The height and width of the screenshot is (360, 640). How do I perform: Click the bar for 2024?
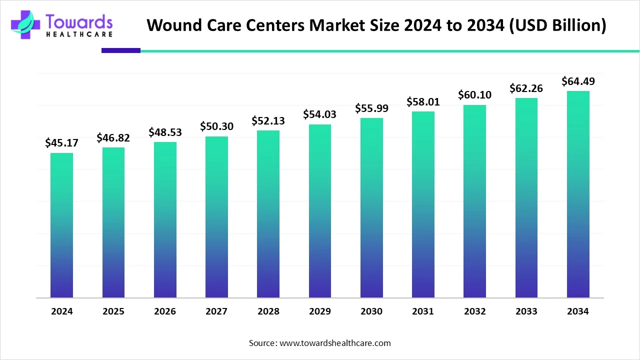click(61, 225)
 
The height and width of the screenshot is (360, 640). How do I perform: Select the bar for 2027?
click(216, 217)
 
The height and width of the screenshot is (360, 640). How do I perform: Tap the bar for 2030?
click(371, 207)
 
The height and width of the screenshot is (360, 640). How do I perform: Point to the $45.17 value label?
click(61, 143)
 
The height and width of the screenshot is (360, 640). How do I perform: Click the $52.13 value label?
click(268, 121)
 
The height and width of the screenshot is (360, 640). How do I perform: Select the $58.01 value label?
click(423, 102)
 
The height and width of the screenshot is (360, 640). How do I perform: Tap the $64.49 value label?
click(578, 81)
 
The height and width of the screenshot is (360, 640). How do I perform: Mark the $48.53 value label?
click(165, 132)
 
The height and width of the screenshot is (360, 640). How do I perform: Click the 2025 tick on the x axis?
click(113, 311)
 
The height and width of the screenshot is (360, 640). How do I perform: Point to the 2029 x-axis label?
click(320, 311)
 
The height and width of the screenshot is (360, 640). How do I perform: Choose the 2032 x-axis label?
click(474, 311)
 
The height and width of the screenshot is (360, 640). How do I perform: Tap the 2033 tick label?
click(526, 311)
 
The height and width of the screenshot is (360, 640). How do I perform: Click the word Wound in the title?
click(172, 25)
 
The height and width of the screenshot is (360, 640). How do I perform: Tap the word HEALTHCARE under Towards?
click(79, 34)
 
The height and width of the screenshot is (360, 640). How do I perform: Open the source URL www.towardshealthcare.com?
click(335, 343)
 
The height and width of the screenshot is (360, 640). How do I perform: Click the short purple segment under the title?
click(120, 50)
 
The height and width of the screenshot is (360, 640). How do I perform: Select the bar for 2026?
click(165, 219)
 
